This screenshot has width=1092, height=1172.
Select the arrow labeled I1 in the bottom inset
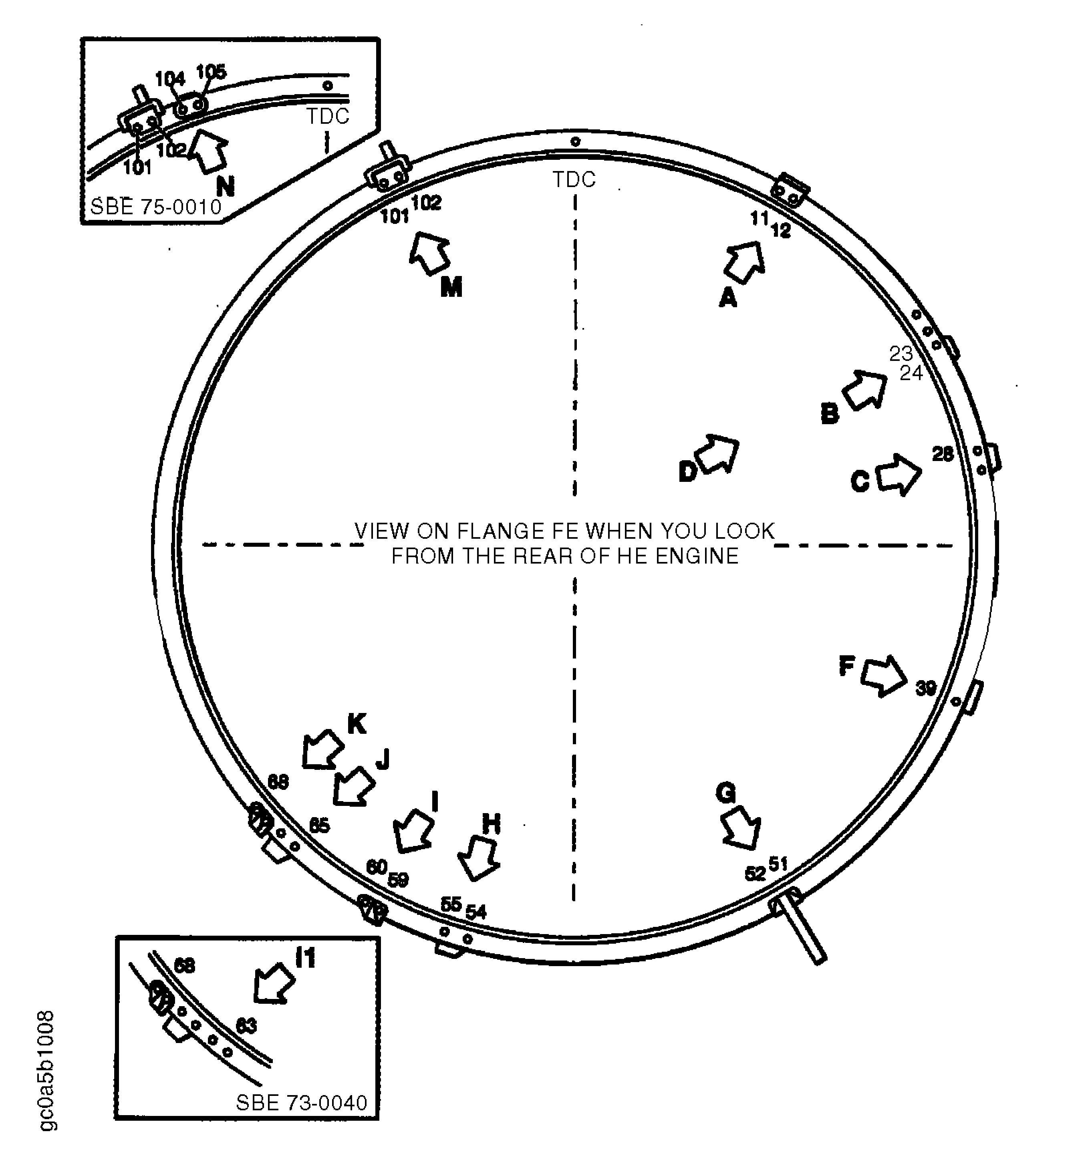click(x=273, y=983)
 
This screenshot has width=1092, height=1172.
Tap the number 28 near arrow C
click(x=942, y=454)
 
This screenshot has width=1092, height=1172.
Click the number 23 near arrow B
click(x=901, y=354)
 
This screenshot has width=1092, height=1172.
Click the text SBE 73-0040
click(x=301, y=1102)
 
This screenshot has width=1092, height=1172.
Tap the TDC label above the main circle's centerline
click(x=574, y=179)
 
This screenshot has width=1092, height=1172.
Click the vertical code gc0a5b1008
click(x=47, y=1070)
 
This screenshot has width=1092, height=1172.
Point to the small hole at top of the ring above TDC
click(x=576, y=141)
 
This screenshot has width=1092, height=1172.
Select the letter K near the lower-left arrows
click(x=357, y=723)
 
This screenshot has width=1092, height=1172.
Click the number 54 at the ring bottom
click(x=476, y=912)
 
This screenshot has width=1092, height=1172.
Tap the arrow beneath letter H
click(x=479, y=858)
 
